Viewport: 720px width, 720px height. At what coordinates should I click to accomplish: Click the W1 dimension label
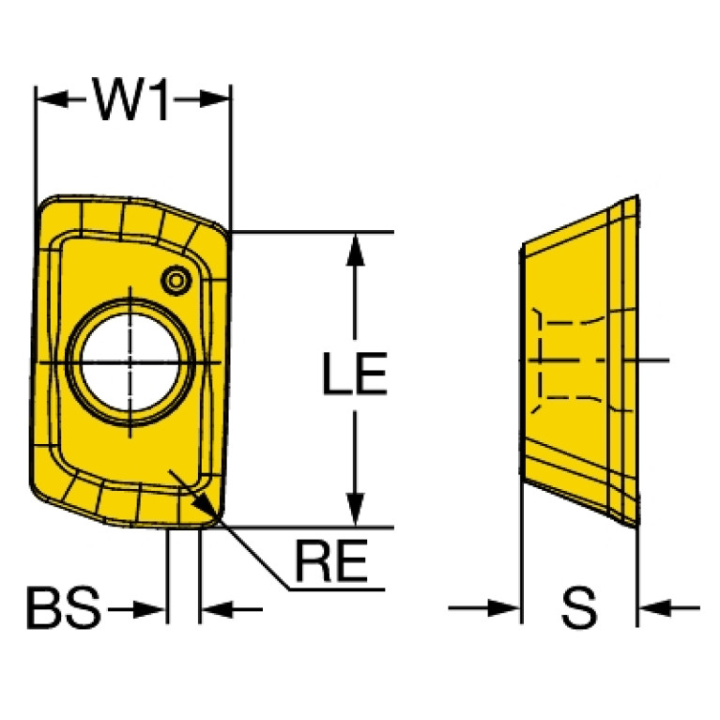pyautogui.click(x=131, y=99)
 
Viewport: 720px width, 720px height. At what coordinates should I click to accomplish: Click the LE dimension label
pyautogui.click(x=355, y=374)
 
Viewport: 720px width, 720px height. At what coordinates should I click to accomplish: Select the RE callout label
pyautogui.click(x=331, y=560)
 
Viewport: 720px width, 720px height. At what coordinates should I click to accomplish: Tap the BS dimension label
pyautogui.click(x=64, y=607)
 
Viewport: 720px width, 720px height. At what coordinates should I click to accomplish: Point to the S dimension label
pyautogui.click(x=579, y=607)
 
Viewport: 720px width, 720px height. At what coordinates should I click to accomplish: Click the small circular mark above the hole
pyautogui.click(x=176, y=280)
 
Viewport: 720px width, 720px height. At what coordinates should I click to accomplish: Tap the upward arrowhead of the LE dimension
pyautogui.click(x=355, y=250)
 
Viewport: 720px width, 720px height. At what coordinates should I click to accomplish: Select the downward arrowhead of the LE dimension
pyautogui.click(x=355, y=509)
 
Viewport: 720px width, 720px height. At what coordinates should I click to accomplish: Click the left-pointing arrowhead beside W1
pyautogui.click(x=52, y=99)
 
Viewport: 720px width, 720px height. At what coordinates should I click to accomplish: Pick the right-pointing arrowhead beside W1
pyautogui.click(x=214, y=99)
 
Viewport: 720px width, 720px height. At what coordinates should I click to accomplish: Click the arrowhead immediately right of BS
pyautogui.click(x=149, y=610)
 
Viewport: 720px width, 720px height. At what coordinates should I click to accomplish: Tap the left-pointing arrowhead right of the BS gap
pyautogui.click(x=217, y=610)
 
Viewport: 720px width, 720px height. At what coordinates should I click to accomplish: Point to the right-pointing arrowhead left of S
pyautogui.click(x=504, y=608)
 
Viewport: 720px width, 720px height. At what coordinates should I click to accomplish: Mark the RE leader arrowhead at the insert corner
pyautogui.click(x=206, y=508)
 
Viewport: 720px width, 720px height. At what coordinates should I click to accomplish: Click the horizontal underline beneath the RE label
pyautogui.click(x=336, y=590)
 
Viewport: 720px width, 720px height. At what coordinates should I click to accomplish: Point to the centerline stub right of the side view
pyautogui.click(x=653, y=360)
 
